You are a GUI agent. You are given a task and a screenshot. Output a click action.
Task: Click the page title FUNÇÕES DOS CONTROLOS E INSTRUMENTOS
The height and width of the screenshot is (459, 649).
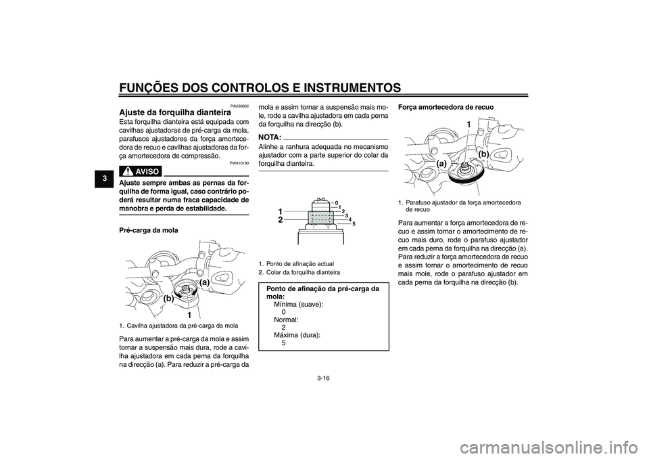pos(260,87)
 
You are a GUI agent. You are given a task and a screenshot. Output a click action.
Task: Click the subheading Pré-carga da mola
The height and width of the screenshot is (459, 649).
pos(149,230)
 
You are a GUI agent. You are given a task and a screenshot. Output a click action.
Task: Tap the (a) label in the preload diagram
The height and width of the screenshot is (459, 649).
pos(206,282)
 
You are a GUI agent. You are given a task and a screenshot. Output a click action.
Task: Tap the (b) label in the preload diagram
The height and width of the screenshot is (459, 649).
pos(168,298)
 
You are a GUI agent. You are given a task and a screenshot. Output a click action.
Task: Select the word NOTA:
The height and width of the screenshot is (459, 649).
pos(270,137)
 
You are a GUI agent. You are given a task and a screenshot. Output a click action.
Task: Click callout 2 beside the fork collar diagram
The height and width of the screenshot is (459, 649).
pos(280,220)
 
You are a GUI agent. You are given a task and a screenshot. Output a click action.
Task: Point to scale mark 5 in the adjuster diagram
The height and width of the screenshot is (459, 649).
pos(354,224)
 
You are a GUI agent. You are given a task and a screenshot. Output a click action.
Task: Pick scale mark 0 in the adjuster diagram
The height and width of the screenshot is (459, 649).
pos(337,202)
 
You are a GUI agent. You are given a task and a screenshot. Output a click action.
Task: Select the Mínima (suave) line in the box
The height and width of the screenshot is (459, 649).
pos(299,305)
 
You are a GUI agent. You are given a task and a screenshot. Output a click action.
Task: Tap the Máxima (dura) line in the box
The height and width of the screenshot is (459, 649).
pos(297,335)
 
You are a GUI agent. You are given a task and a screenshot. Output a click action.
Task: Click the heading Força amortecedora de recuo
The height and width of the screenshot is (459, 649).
pos(446,107)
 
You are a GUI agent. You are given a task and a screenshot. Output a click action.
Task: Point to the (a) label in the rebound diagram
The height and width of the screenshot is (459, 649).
pos(441,164)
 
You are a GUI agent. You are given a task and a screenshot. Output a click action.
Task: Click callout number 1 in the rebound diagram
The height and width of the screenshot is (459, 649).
pos(468,125)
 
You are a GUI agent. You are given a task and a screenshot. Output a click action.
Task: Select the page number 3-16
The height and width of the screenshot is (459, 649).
pos(324,378)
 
